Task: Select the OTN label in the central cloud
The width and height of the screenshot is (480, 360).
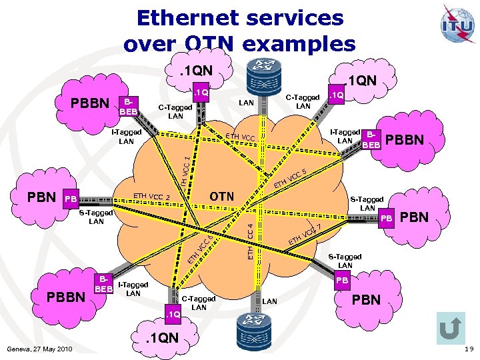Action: point(222,197)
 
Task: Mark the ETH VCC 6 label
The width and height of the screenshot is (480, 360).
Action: point(199,249)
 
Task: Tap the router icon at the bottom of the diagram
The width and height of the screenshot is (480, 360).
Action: point(259,331)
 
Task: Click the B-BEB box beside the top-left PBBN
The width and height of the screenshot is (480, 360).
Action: point(127,107)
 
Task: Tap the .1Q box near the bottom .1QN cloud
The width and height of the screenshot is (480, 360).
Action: point(174,313)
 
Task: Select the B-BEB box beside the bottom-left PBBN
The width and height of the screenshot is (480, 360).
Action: point(103,284)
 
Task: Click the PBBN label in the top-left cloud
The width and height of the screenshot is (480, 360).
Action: point(91,105)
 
